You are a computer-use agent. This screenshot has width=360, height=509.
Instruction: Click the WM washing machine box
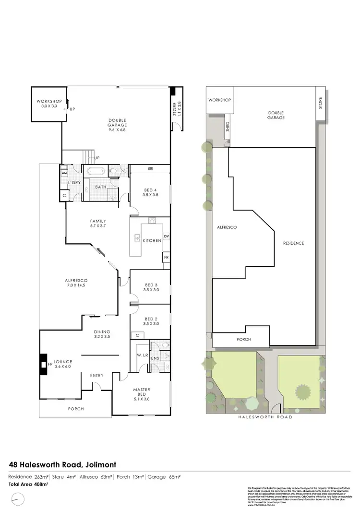click(63, 173)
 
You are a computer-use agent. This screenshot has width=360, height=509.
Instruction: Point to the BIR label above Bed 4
click(150, 169)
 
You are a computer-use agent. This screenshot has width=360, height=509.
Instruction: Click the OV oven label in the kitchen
click(166, 237)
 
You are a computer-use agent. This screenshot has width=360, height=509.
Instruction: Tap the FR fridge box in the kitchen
click(166, 258)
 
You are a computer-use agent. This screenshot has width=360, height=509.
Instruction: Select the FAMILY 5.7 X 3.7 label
click(98, 224)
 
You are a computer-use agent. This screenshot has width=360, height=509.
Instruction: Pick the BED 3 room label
click(150, 287)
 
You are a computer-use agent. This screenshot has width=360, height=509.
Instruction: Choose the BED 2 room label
click(150, 321)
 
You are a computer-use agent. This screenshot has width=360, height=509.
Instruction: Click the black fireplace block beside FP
click(44, 364)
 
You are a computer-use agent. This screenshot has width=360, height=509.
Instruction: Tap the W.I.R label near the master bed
click(143, 355)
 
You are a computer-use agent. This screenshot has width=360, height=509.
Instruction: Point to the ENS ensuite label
click(155, 358)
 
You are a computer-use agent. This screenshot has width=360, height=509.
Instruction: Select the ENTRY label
click(97, 375)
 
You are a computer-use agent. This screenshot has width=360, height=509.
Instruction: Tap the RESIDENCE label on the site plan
click(293, 243)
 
